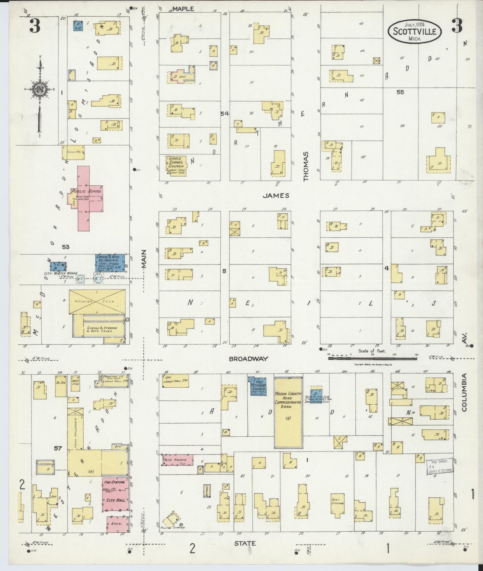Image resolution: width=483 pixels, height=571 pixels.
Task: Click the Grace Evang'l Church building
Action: tap(176, 165)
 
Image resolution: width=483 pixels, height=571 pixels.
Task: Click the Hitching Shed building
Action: tap(97, 302)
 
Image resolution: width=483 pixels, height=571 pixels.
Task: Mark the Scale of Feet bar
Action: tap(372, 359)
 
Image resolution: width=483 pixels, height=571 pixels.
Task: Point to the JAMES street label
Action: tap(275, 196)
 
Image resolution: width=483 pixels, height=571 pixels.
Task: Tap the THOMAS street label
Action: tap(306, 167)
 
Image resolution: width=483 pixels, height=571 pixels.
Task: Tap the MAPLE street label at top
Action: tap(183, 9)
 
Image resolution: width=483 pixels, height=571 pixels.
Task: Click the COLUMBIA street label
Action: tap(464, 392)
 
